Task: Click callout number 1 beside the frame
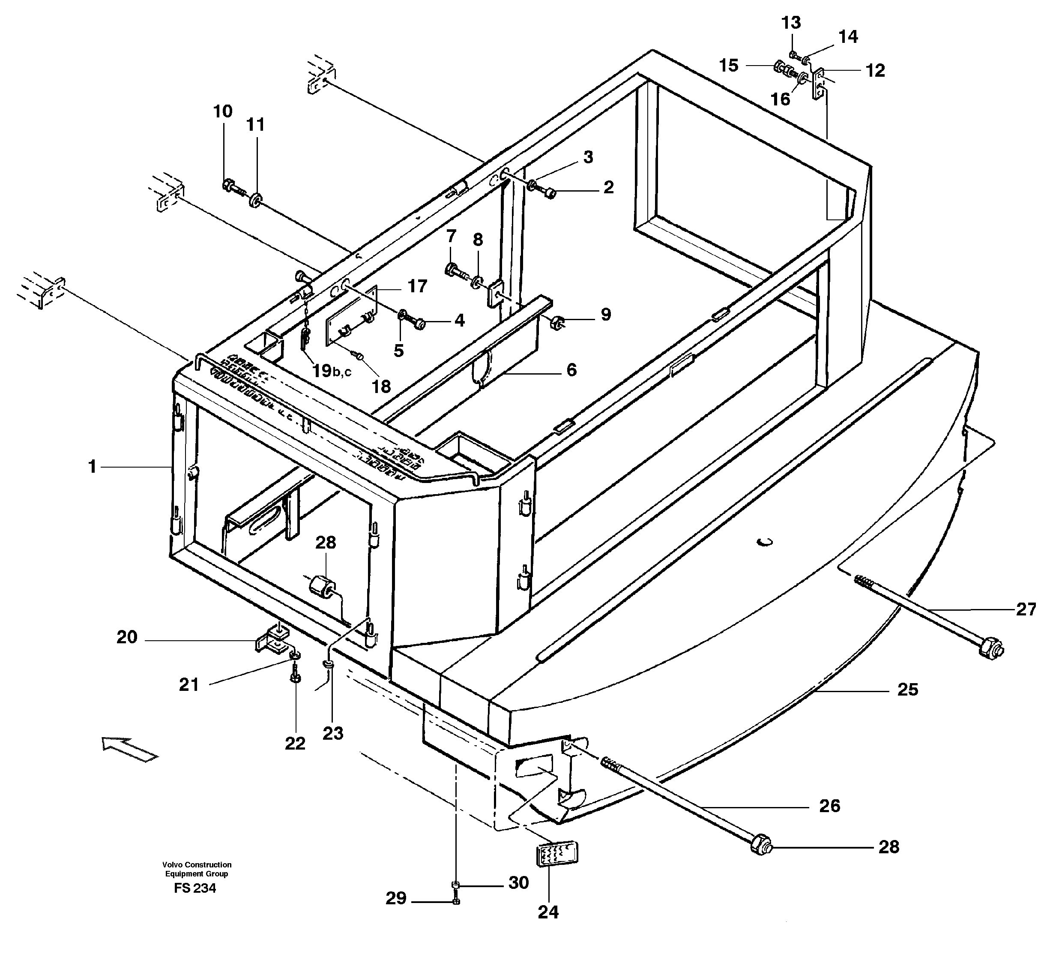[x=92, y=466]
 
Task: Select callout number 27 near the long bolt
[x=1026, y=609]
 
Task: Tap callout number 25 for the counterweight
[x=908, y=689]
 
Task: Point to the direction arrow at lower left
[x=130, y=749]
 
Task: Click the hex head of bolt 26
[x=760, y=847]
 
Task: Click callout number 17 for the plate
[x=417, y=286]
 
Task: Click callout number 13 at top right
[x=791, y=22]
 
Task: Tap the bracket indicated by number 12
[x=818, y=84]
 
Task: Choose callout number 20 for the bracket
[x=127, y=637]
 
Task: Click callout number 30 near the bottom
[x=518, y=883]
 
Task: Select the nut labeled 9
[x=557, y=321]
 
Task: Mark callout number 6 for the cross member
[x=571, y=369]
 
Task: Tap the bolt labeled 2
[x=549, y=194]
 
